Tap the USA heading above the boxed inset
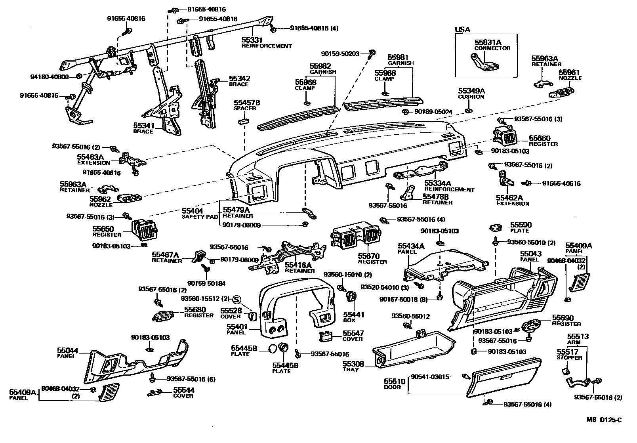tap(462, 30)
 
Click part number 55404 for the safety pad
tap(193, 211)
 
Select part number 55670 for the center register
tap(369, 256)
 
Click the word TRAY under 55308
tap(351, 369)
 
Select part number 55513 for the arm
tap(578, 336)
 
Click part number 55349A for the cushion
tap(471, 91)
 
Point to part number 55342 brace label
tap(240, 78)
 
